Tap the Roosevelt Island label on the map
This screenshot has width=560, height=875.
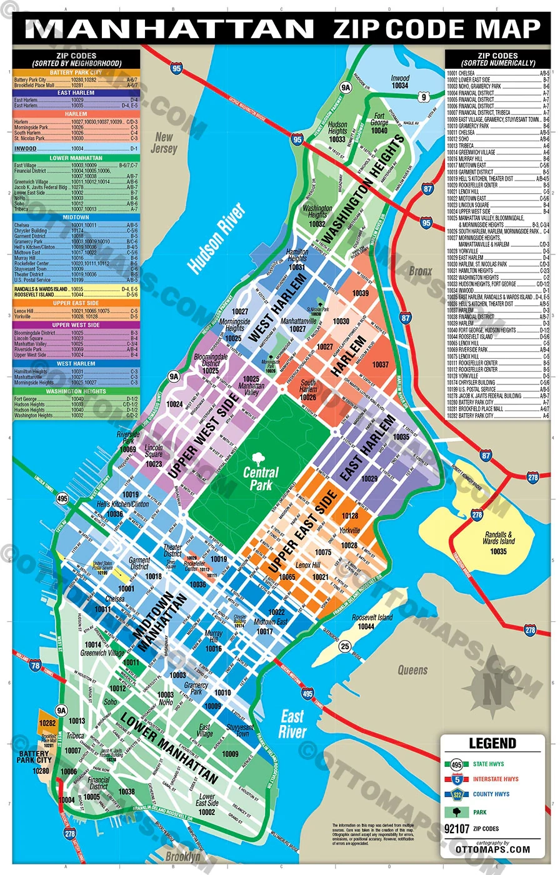371,622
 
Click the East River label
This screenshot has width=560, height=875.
292,724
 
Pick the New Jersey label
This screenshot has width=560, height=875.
164,143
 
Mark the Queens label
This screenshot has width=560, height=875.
413,670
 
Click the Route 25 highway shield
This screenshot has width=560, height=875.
344,647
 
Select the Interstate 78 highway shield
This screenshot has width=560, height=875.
35,666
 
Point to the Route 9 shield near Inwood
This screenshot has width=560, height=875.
423,96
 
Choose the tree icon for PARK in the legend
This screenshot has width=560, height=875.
458,811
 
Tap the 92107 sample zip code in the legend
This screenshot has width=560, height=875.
457,829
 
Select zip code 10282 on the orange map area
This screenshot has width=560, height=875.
47,723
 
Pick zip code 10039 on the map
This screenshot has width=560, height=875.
361,292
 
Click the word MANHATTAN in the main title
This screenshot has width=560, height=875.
169,29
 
